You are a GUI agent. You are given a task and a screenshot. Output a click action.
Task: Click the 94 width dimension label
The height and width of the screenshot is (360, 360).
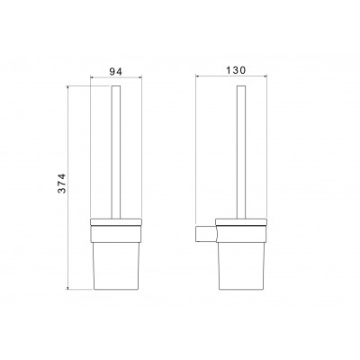[115, 72]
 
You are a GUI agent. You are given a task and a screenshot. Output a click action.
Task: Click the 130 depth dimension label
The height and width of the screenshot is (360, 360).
[236, 70]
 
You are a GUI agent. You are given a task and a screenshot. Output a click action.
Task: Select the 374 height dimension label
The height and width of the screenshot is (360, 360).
[61, 184]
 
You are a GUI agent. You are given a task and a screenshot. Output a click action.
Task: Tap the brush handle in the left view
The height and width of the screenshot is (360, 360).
[116, 152]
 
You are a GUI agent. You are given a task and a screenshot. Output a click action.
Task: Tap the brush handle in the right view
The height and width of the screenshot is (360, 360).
[241, 152]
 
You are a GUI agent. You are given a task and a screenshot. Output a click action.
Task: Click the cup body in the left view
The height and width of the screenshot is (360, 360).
[116, 265]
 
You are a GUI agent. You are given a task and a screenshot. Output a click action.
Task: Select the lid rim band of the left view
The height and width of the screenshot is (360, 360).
[116, 222]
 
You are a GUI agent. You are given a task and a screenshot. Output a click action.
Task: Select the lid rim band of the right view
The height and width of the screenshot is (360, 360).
[241, 222]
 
